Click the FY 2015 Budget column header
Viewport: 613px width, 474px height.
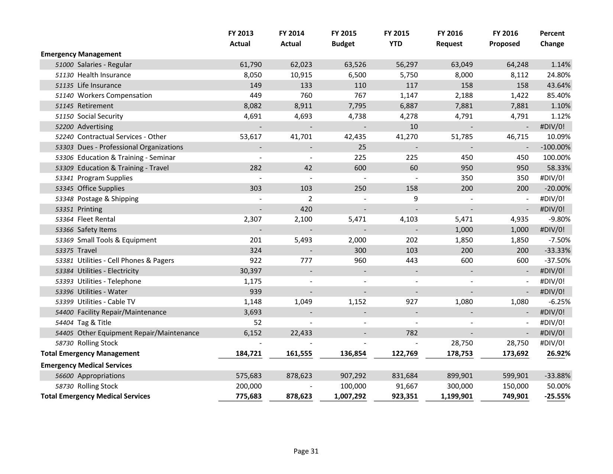click(343, 38)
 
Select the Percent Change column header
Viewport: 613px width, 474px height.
click(552, 38)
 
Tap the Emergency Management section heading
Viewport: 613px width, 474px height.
click(81, 54)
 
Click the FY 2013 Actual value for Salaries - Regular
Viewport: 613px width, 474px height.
click(250, 65)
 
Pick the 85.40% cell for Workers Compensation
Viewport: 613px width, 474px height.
click(558, 96)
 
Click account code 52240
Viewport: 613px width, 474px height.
click(64, 137)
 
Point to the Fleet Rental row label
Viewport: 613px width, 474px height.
click(96, 219)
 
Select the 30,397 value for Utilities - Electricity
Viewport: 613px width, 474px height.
click(250, 271)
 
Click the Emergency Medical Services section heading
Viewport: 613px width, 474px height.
click(86, 365)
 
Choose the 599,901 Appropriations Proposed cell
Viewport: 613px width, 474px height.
click(515, 376)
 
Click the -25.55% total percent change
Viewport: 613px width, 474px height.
click(557, 396)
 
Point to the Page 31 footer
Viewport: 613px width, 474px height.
click(306, 451)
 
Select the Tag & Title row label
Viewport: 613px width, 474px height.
click(94, 323)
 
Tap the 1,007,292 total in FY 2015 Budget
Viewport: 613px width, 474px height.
click(350, 396)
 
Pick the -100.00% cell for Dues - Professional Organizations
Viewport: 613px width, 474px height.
click(555, 147)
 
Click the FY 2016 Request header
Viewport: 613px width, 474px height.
click(450, 38)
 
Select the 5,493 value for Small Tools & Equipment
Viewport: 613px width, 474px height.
click(303, 240)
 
